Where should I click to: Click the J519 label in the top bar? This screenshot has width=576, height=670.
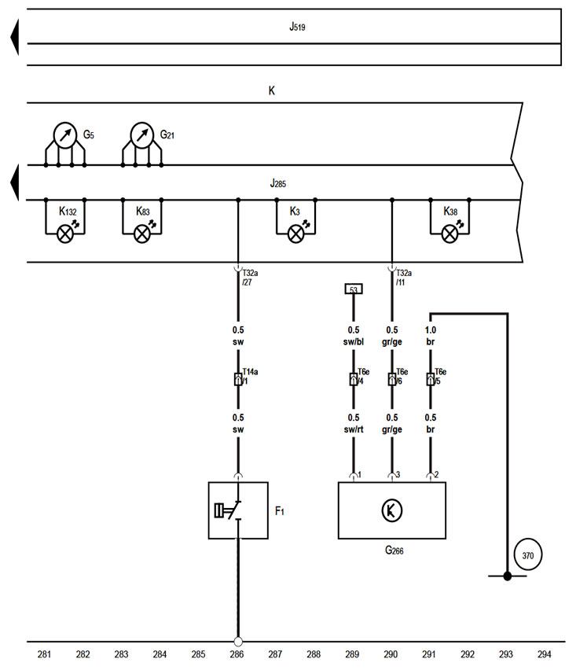point(296,27)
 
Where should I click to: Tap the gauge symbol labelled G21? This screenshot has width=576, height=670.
point(142,134)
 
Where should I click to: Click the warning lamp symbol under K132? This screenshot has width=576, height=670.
point(65,232)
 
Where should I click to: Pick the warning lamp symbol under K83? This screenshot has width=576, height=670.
point(142,232)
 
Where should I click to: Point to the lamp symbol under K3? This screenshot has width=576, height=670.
point(296,232)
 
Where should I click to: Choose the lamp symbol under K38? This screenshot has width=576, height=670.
point(450,232)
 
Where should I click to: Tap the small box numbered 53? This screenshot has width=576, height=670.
point(354,289)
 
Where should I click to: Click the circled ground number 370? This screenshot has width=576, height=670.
point(527,556)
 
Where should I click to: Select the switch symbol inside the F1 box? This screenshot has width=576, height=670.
point(229,511)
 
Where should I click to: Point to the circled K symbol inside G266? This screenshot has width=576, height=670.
point(391,511)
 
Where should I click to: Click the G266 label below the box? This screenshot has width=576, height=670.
point(394,550)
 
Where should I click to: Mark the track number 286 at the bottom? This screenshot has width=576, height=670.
point(237,654)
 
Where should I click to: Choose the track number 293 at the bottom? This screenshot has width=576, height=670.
point(507,654)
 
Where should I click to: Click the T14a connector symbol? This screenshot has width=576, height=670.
point(237,379)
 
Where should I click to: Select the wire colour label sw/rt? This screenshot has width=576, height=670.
point(354,429)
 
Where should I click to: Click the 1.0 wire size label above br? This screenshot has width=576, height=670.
point(430,330)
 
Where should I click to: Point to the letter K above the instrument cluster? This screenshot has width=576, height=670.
point(272,91)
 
